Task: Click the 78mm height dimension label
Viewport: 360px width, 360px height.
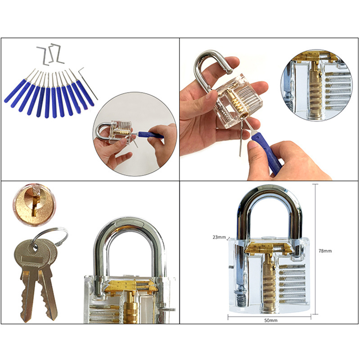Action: click(x=325, y=251)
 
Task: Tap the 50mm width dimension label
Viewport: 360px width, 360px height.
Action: click(x=271, y=320)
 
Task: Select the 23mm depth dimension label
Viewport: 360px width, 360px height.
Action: click(x=219, y=237)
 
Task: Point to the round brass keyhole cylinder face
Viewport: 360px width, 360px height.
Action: click(x=34, y=204)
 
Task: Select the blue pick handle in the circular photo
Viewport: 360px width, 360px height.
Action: click(x=151, y=135)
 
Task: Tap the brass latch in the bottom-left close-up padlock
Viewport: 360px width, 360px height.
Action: click(x=131, y=287)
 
